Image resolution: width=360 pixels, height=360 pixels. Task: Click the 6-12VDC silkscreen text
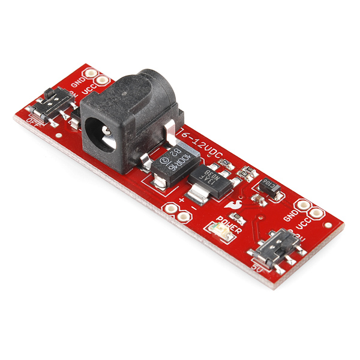coord(205,146)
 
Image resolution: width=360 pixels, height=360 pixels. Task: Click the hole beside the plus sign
coord(170,209)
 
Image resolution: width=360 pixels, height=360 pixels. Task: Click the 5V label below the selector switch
coord(257,266)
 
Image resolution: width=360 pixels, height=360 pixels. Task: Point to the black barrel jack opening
coord(100,132)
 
